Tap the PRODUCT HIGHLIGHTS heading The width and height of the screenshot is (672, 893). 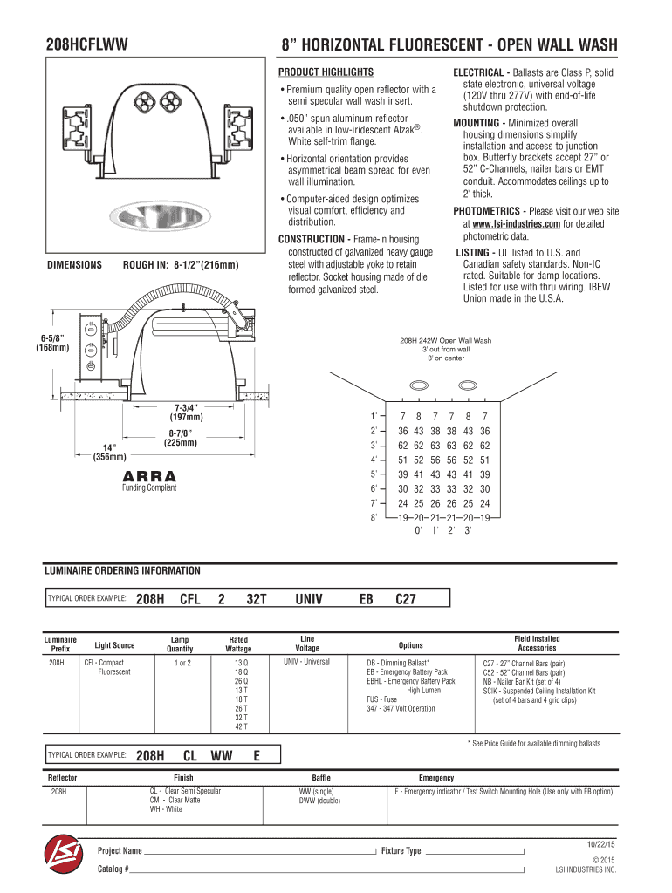pyautogui.click(x=326, y=72)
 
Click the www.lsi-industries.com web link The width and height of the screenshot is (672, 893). pyautogui.click(x=517, y=224)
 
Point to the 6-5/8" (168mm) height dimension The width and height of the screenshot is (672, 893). pyautogui.click(x=53, y=344)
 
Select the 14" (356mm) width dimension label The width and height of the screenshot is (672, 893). pyautogui.click(x=109, y=451)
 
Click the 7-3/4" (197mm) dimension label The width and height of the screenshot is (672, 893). pyautogui.click(x=187, y=412)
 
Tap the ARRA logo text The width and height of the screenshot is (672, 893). pyautogui.click(x=149, y=476)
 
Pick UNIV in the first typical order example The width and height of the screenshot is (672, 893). pyautogui.click(x=309, y=599)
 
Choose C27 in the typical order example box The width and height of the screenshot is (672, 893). pyautogui.click(x=406, y=599)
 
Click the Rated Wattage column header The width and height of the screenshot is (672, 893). pyautogui.click(x=238, y=644)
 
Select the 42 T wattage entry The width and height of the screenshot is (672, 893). pyautogui.click(x=241, y=726)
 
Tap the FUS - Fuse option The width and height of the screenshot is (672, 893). pyautogui.click(x=382, y=699)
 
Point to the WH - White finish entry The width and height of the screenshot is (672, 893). pyautogui.click(x=166, y=809)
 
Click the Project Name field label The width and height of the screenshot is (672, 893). pyautogui.click(x=120, y=850)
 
